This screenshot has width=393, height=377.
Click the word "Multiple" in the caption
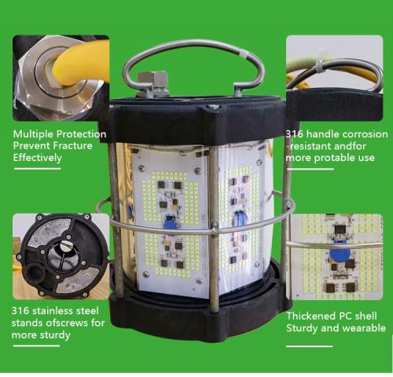pos(34,134)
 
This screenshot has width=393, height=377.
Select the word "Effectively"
pos(38,158)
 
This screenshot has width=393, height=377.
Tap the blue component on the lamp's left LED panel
pos(171,222)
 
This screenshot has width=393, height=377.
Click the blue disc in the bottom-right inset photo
pos(340,254)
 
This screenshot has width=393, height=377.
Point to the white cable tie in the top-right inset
pos(321,65)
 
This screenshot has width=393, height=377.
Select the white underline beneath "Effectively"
pos(38,169)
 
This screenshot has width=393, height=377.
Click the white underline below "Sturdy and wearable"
pos(310,346)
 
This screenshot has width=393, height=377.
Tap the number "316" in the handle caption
pos(294,134)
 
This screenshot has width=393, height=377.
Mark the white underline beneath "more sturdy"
pos(36,346)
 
